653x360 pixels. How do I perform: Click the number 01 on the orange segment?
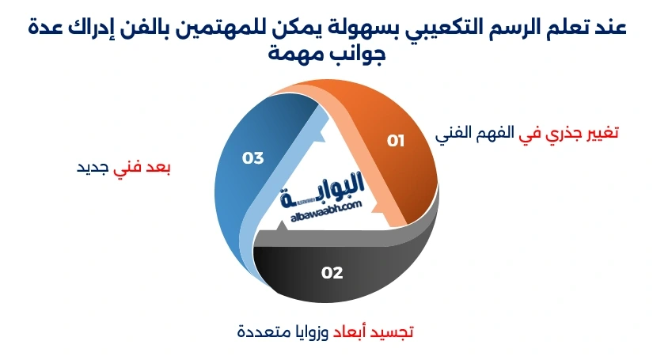396,141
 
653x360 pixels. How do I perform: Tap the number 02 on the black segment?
332,273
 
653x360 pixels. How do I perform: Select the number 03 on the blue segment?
252,158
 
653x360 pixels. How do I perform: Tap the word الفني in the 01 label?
454,132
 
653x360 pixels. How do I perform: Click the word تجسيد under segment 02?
395,330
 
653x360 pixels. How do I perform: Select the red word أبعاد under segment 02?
351,330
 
